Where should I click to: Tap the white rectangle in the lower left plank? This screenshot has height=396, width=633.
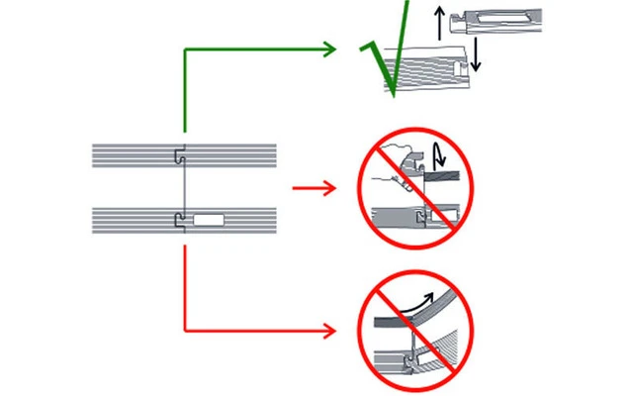click(210, 220)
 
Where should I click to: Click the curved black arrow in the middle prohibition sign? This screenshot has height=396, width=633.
click(438, 156)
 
